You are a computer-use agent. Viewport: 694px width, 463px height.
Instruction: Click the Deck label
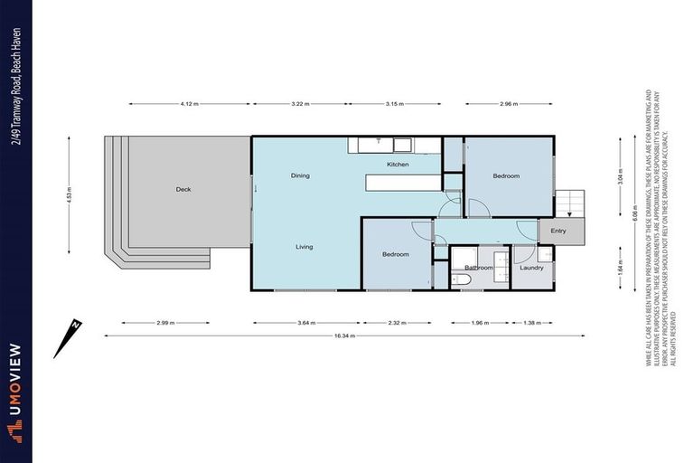click(183, 189)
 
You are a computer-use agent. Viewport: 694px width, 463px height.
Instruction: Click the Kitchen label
click(399, 165)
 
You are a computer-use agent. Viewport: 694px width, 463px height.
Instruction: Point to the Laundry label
click(531, 268)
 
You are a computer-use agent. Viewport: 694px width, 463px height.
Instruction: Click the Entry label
click(558, 231)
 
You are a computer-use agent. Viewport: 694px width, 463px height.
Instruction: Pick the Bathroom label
click(479, 268)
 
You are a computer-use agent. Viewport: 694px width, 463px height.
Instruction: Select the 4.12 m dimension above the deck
click(189, 104)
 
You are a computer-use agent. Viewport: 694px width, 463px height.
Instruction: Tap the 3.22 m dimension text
click(300, 104)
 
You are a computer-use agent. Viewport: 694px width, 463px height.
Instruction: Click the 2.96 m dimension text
click(509, 104)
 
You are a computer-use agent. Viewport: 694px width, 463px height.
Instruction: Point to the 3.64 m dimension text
click(305, 323)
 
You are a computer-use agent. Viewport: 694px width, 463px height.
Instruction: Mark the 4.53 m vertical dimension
click(69, 194)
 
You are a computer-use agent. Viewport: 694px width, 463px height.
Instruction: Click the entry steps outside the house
click(569, 203)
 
